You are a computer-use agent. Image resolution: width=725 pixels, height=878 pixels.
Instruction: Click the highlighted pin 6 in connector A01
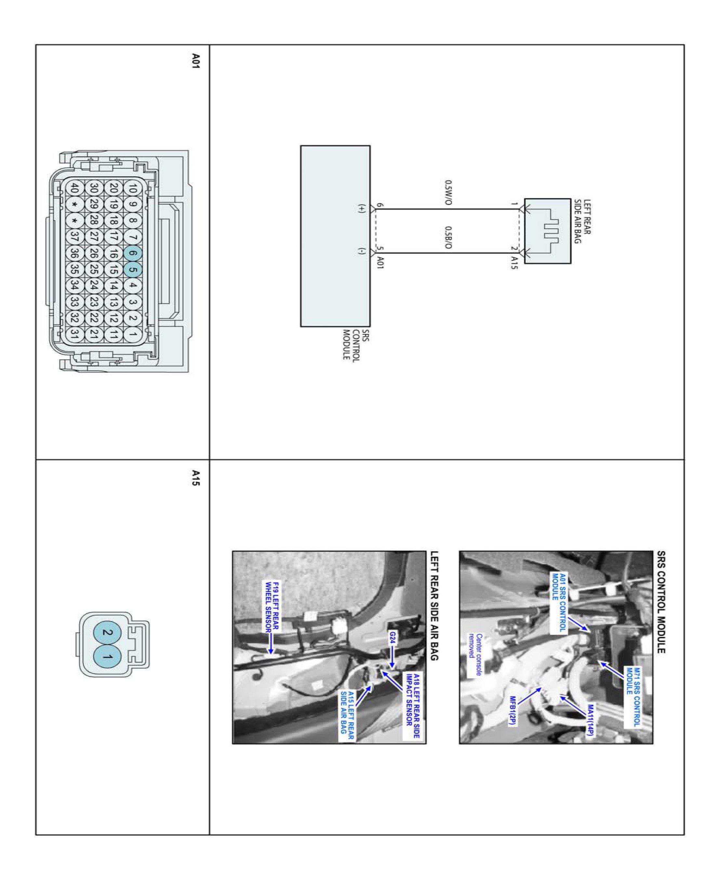133,253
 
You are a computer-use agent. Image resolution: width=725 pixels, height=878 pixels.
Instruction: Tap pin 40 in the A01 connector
74,188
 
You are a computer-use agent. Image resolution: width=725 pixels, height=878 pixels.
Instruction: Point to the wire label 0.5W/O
448,193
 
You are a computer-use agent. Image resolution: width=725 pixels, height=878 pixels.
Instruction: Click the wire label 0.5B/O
448,238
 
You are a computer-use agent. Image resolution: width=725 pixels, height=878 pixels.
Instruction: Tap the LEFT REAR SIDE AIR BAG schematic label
582,222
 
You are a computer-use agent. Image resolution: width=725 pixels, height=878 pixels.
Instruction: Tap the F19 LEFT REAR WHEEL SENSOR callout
272,606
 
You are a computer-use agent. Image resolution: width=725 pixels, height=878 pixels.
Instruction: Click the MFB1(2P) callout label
512,711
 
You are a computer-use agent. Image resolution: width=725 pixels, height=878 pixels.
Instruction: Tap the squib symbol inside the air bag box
551,231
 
